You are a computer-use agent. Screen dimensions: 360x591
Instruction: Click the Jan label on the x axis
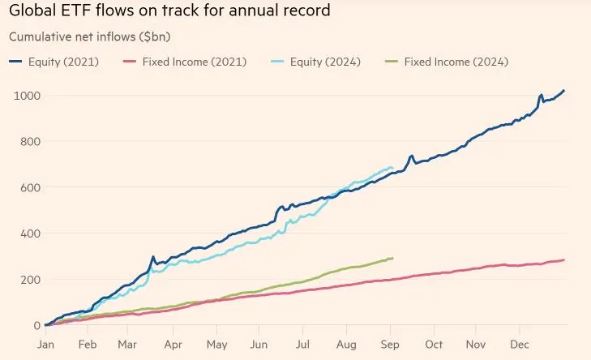pos(47,344)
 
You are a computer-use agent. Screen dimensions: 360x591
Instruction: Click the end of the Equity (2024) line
pos(392,168)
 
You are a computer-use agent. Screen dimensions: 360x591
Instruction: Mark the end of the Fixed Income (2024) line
pos(392,259)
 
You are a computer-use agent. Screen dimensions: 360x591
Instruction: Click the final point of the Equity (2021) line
pos(564,91)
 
